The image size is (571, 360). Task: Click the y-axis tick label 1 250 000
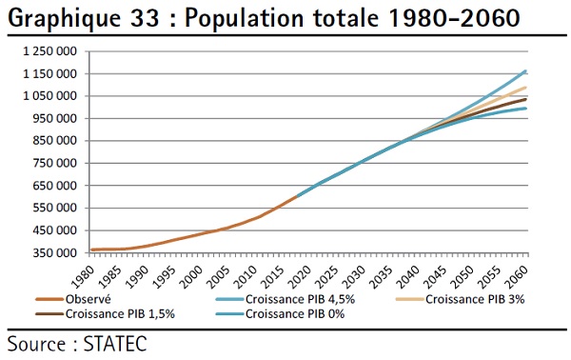pos(49,51)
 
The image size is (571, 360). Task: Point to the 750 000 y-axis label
pos(55,163)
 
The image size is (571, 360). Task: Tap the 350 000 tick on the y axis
pos(55,253)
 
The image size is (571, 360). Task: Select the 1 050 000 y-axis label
pos(49,96)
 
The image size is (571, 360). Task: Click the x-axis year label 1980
pos(82,277)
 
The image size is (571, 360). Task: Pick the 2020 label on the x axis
pos(300,277)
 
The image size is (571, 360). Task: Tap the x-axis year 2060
pos(516,277)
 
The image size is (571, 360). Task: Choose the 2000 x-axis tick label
pos(190,277)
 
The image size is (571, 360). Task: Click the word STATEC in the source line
pos(115,344)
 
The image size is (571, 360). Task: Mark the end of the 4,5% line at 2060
pos(525,71)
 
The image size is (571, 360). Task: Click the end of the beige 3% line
pos(525,88)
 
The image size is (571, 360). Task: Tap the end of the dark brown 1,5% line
pos(525,99)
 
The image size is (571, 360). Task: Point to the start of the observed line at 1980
pos(91,250)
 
